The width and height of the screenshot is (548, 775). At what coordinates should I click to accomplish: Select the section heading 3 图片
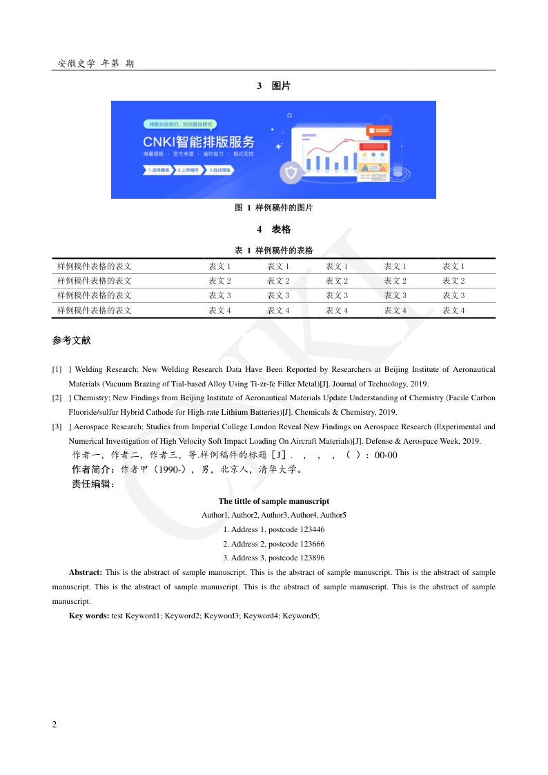(273, 86)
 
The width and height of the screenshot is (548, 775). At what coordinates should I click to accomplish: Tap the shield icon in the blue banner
(292, 173)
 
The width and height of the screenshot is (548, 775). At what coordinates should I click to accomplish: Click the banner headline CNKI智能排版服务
(199, 142)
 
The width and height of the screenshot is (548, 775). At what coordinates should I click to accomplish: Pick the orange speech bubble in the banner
(381, 130)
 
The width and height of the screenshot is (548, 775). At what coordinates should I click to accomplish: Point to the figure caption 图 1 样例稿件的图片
(273, 208)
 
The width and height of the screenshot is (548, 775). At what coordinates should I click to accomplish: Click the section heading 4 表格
(273, 229)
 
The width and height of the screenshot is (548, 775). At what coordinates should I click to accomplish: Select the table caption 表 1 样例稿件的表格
(273, 251)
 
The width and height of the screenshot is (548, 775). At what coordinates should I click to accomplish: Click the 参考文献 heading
(71, 341)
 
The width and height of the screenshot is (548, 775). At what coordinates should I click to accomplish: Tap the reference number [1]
(57, 370)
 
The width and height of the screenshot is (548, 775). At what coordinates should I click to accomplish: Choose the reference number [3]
(57, 427)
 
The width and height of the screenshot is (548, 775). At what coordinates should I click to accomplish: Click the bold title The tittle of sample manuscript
(273, 501)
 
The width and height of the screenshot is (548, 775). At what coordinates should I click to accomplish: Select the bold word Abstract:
(86, 572)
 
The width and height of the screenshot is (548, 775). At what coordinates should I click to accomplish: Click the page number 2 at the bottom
(55, 724)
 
